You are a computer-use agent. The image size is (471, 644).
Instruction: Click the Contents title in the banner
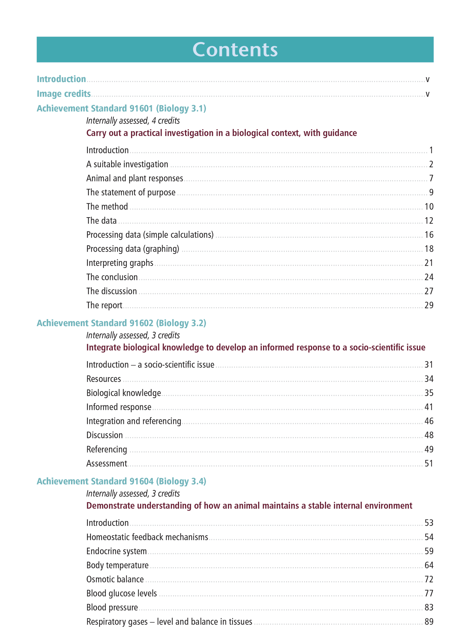pos(235,49)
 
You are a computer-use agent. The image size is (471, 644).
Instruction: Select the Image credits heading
pos(64,94)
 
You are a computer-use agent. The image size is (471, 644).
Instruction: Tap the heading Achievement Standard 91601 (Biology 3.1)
pos(121,108)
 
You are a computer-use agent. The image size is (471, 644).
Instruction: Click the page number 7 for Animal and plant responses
pos(431,178)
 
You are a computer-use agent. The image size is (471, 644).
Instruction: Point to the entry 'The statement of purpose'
pos(131,192)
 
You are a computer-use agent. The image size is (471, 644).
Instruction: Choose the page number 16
pos(429,235)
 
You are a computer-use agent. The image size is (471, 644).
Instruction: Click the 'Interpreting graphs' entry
pos(120,263)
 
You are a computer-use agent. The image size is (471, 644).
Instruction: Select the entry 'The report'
pos(104,305)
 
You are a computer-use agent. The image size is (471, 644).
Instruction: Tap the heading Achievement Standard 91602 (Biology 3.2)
pos(121,323)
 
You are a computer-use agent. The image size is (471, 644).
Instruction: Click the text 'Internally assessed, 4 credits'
pos(133,121)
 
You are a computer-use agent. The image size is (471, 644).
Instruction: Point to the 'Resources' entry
pos(104,379)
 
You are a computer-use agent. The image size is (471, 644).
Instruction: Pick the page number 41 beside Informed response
pos(429,407)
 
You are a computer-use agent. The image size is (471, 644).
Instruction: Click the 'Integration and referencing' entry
pos(134,421)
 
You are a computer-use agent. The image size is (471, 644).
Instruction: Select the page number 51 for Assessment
pos(429,463)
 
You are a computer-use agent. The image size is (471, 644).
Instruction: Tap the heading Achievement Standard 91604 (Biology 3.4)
pos(121,481)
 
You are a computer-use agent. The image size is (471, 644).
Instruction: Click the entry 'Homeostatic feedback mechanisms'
pos(147,537)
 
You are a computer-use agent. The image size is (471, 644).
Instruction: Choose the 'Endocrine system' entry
pos(116,551)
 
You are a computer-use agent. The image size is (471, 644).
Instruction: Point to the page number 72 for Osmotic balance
pos(429,579)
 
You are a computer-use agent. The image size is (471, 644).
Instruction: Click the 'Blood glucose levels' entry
pos(122,594)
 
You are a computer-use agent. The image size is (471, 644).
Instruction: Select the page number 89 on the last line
pos(429,622)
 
